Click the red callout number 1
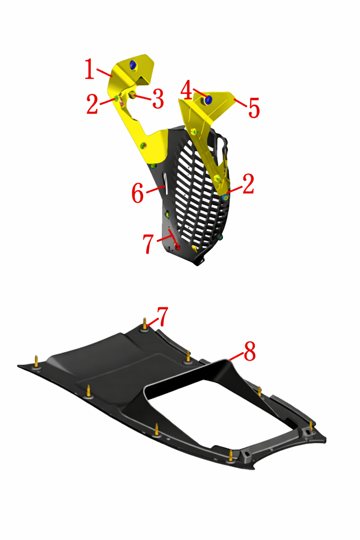click(x=90, y=69)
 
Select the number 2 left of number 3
click(x=92, y=103)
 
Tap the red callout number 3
click(x=158, y=99)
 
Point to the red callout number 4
click(x=186, y=90)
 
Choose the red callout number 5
click(x=254, y=108)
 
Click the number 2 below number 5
click(x=248, y=184)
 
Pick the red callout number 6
click(x=137, y=193)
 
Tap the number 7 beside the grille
click(x=148, y=244)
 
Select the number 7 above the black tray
click(x=162, y=316)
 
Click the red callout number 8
click(x=250, y=351)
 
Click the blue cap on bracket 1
click(x=133, y=65)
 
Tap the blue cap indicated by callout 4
click(x=208, y=99)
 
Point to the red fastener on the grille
click(x=177, y=247)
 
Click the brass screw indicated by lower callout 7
click(x=145, y=324)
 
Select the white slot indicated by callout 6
click(x=166, y=183)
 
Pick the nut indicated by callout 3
click(x=132, y=95)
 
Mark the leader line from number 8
click(x=236, y=357)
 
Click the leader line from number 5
click(x=240, y=103)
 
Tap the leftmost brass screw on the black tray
click(x=36, y=362)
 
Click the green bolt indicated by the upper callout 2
click(x=116, y=99)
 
